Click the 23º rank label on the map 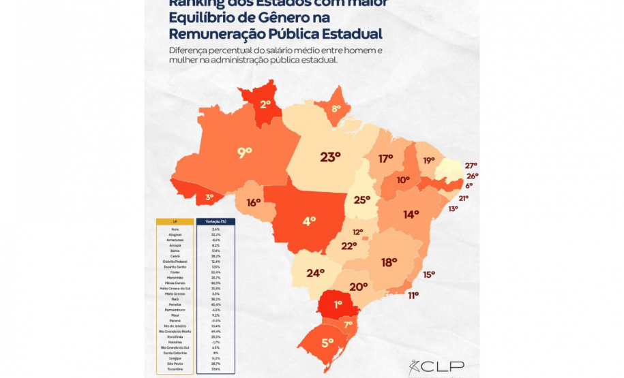pos(330,157)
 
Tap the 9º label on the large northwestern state pos(244,153)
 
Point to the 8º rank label pos(336,109)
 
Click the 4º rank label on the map pos(310,221)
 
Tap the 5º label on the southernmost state pos(327,343)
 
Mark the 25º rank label pos(361,200)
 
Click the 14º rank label pos(411,215)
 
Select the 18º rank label pos(389,262)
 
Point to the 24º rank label pos(315,273)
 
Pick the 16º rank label pos(254,202)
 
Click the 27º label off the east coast pos(471,166)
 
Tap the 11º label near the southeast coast pos(413,296)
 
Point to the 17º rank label pos(386,159)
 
